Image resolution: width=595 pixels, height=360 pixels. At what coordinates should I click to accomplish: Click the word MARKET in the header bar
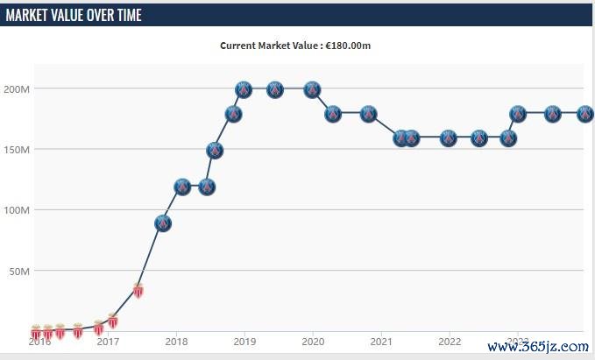pos(32,16)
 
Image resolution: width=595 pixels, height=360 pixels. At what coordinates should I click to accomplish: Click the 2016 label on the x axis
pos(39,342)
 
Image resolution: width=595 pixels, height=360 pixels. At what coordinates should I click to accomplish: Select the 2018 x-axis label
pos(176,342)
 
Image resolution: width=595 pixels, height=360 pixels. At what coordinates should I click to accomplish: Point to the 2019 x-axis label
pos(244,342)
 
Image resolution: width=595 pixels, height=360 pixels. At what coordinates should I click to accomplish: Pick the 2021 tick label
pos(381,342)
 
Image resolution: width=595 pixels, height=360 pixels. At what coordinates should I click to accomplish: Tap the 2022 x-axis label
pos(450,342)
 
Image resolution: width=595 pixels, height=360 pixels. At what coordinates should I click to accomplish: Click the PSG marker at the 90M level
pos(162,222)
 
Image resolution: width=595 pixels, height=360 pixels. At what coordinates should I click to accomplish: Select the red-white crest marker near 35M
pos(138,290)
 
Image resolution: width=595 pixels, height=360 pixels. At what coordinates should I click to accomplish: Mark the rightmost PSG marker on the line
pos(584,114)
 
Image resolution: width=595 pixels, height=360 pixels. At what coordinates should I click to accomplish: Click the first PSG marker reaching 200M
pos(244,89)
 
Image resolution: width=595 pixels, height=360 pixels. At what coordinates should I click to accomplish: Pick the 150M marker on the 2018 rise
pos(215,150)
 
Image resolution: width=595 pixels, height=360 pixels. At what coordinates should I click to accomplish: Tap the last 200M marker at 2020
pos(311,89)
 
